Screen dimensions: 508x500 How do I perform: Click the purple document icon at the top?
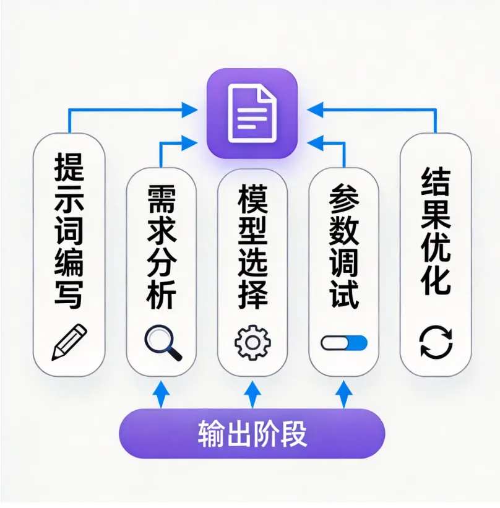[x=252, y=114]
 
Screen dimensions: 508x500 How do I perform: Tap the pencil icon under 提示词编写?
[x=69, y=342]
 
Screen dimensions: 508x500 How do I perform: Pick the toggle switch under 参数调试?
[x=344, y=343]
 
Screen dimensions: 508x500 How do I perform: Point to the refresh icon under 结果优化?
[x=436, y=342]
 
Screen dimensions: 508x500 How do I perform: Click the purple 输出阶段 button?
[x=252, y=434]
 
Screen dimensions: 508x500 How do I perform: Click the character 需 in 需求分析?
[x=162, y=199]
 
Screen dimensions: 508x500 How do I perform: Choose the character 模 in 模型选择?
[x=252, y=199]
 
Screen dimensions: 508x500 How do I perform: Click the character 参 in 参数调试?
[x=343, y=199]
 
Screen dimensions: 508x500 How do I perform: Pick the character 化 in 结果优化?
[x=436, y=280]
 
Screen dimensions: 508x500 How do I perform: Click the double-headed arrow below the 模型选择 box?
[x=252, y=395]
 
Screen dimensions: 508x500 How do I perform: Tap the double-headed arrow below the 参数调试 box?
[x=344, y=395]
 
